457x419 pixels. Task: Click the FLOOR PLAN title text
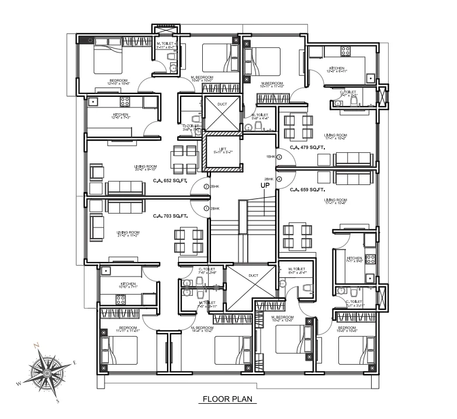pyautogui.click(x=228, y=400)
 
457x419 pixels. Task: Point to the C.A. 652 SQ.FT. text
pyautogui.click(x=169, y=180)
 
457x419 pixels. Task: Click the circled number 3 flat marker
pyautogui.click(x=279, y=157)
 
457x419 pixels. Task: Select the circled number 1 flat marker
pyautogui.click(x=206, y=208)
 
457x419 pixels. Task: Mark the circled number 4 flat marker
pyautogui.click(x=279, y=179)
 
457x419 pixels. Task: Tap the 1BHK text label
pyautogui.click(x=270, y=157)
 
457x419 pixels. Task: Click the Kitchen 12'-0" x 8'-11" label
pyautogui.click(x=337, y=70)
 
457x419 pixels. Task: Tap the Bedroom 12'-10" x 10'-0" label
pyautogui.click(x=119, y=82)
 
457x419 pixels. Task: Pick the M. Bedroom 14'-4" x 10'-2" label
pyautogui.click(x=201, y=330)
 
